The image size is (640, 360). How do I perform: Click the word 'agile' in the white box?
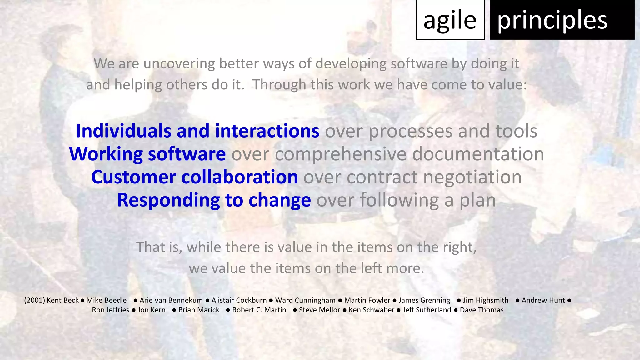click(x=450, y=20)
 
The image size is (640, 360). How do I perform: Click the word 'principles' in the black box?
click(x=552, y=20)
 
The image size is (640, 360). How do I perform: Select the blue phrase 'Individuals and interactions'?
click(x=197, y=131)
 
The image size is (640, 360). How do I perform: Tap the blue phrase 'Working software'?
click(x=147, y=154)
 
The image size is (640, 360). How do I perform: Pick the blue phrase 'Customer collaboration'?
click(x=194, y=177)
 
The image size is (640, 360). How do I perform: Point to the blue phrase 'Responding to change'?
click(x=214, y=200)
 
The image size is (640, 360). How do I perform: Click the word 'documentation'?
click(x=478, y=154)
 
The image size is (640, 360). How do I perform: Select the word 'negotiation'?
click(x=472, y=177)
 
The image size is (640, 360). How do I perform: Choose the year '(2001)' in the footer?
click(x=34, y=300)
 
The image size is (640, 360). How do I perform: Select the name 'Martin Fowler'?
click(x=367, y=300)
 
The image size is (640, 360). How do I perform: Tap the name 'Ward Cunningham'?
click(x=305, y=300)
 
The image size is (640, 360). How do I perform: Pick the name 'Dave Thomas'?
click(x=482, y=310)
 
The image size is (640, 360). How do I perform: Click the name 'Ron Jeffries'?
click(x=110, y=310)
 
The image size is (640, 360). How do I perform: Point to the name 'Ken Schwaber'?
click(x=371, y=310)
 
